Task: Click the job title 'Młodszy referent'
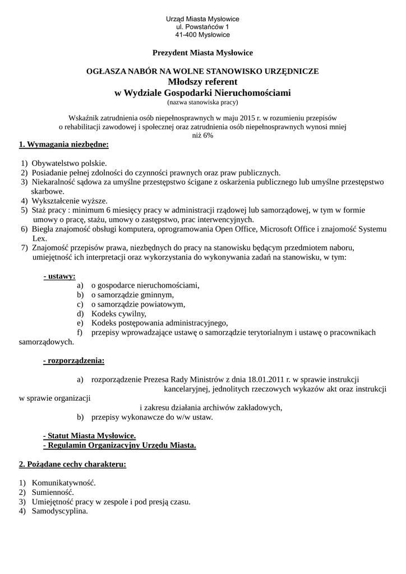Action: pos(202,82)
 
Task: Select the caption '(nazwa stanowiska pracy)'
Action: pos(202,103)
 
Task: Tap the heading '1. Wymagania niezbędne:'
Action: pos(64,145)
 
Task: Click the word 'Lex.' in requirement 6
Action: pos(40,238)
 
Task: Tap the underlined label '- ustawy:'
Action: pos(59,276)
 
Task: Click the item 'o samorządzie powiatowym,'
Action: pos(138,304)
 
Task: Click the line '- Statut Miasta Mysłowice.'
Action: pos(89,436)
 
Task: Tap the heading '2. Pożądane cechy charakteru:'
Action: pos(72,464)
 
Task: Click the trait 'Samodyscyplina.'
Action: pos(60,511)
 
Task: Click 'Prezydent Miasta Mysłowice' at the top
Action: pos(202,53)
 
